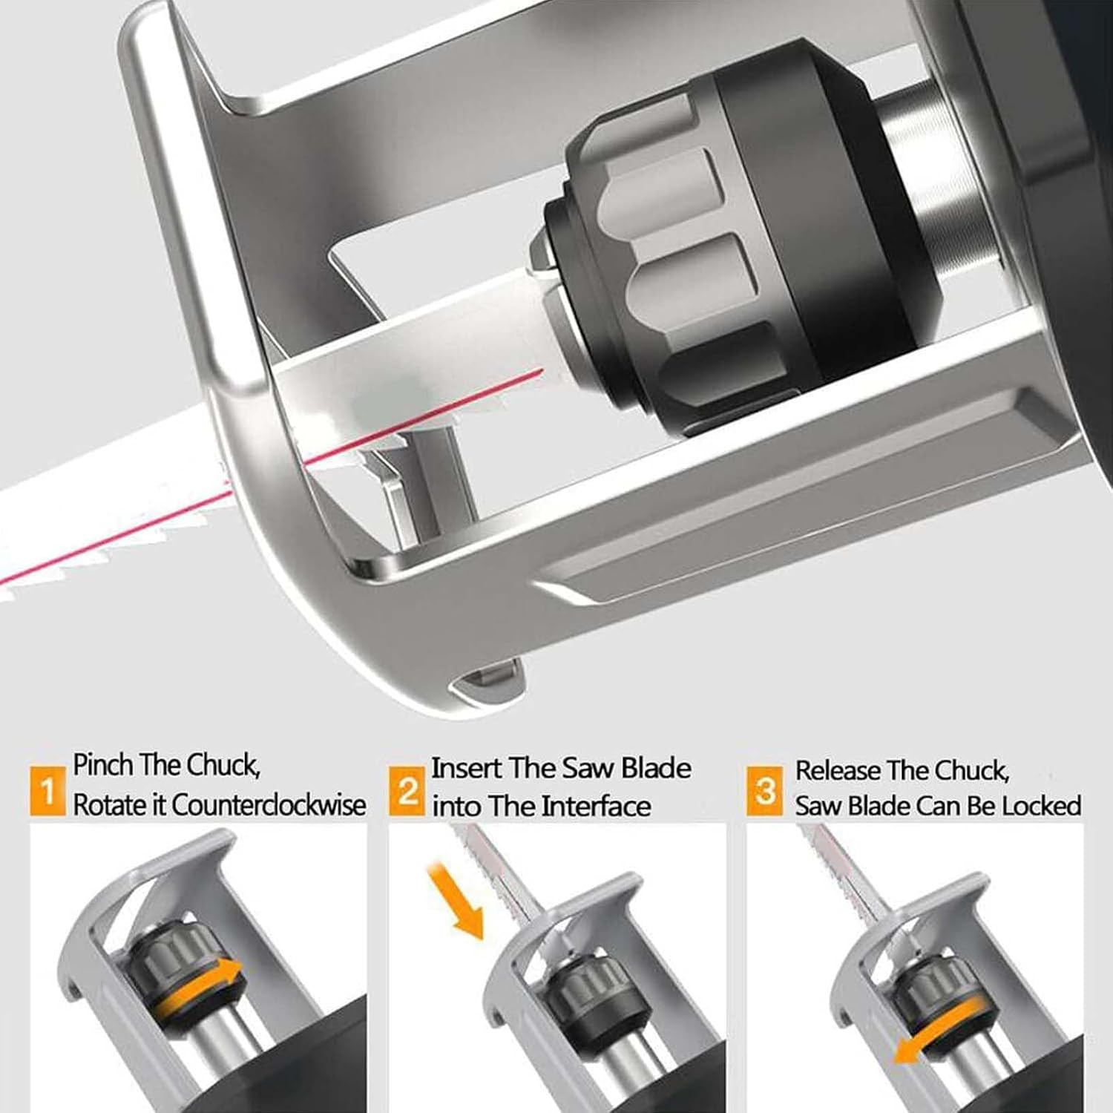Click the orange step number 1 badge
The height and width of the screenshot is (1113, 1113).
point(47,791)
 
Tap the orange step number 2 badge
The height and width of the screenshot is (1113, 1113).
point(407,791)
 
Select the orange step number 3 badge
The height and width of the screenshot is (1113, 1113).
point(765,791)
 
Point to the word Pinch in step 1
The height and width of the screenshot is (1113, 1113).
point(102,765)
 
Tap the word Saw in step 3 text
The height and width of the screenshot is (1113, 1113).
point(818,806)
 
